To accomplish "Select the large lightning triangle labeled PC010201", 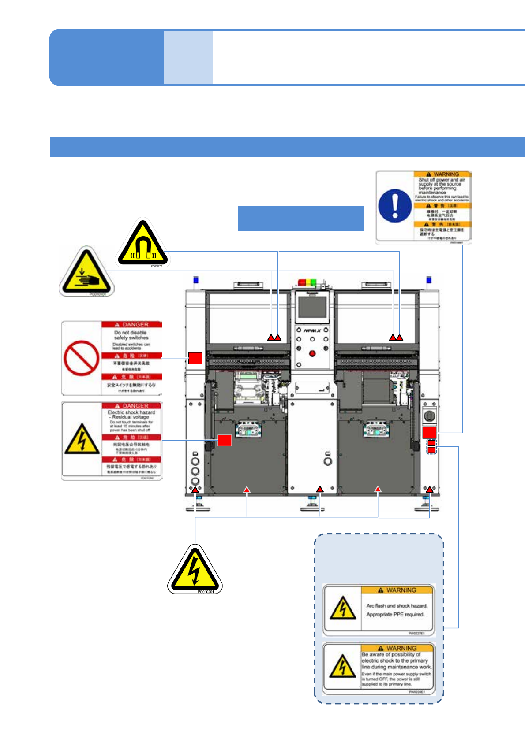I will [x=195, y=570].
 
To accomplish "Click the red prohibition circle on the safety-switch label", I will [x=81, y=357].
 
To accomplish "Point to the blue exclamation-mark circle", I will [x=395, y=206].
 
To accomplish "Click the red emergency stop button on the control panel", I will [x=312, y=353].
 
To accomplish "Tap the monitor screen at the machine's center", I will [x=312, y=307].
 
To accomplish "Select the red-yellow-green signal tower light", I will [x=307, y=282].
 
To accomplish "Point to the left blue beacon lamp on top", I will [x=196, y=279].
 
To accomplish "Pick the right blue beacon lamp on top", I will [x=428, y=279].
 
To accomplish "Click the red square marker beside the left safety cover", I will [x=195, y=358].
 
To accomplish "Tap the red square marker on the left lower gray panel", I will [x=225, y=440].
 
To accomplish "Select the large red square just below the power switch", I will [x=429, y=432].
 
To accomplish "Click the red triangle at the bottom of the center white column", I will [x=320, y=489].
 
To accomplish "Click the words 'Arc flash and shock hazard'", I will [x=397, y=606].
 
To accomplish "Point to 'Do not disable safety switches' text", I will [x=131, y=335].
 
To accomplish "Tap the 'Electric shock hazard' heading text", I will [x=131, y=412].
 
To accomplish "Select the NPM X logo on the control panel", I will [x=312, y=330].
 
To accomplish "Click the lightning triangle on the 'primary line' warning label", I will [x=342, y=666].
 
